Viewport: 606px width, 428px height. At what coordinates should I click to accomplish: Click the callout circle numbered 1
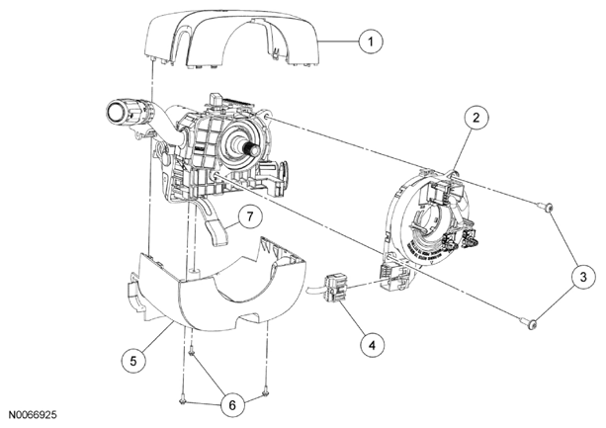(371, 41)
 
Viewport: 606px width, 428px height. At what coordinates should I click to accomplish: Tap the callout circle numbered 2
(476, 118)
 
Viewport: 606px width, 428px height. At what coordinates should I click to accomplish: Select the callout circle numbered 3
(583, 277)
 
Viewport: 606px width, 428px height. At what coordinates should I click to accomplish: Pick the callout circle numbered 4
(372, 345)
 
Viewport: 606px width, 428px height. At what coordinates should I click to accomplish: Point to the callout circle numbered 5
(133, 361)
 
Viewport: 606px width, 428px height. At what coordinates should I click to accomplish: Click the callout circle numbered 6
(232, 405)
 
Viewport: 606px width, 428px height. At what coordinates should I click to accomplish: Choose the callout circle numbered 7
(250, 216)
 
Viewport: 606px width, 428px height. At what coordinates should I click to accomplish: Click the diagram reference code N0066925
(33, 415)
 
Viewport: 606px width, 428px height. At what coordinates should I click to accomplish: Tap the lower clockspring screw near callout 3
(527, 321)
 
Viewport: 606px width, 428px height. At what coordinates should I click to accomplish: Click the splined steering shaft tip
(254, 148)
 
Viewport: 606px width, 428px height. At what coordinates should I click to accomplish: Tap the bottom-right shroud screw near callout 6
(265, 393)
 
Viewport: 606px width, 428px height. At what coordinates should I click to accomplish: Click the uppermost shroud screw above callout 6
(192, 350)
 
